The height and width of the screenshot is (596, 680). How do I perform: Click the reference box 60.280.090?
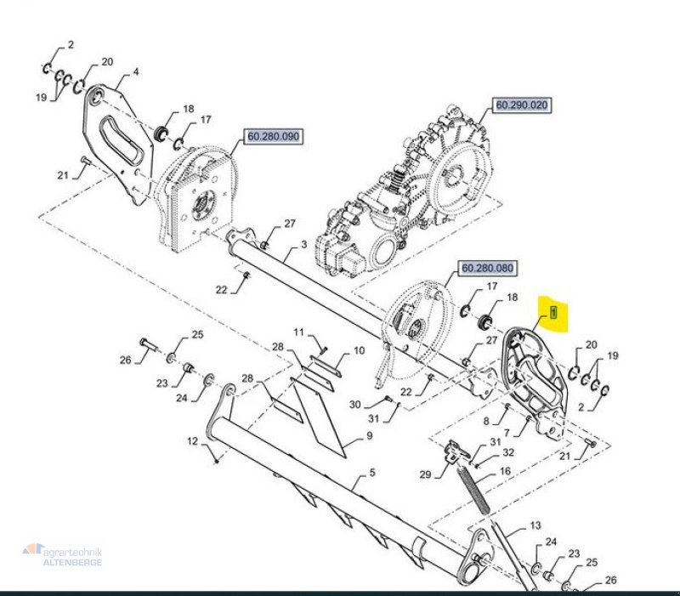coord(273,136)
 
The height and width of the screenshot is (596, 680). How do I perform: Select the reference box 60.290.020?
coord(522,106)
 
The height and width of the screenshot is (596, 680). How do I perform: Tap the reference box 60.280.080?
coord(488,268)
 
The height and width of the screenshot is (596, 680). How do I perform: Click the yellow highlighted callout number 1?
coord(553,312)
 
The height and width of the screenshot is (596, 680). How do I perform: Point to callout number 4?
coord(135,72)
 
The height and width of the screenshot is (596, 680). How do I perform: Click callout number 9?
coord(370,436)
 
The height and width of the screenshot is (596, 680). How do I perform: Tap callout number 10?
coord(359,350)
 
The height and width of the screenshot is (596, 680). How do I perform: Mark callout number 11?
coord(298,331)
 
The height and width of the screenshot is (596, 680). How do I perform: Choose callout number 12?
coord(192,441)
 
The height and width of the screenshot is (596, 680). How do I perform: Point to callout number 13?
coord(535,526)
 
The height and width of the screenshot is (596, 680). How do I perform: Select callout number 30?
coord(355,404)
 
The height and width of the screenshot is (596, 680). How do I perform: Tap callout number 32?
coord(508,453)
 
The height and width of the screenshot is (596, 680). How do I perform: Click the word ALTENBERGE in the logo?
coord(72,562)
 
